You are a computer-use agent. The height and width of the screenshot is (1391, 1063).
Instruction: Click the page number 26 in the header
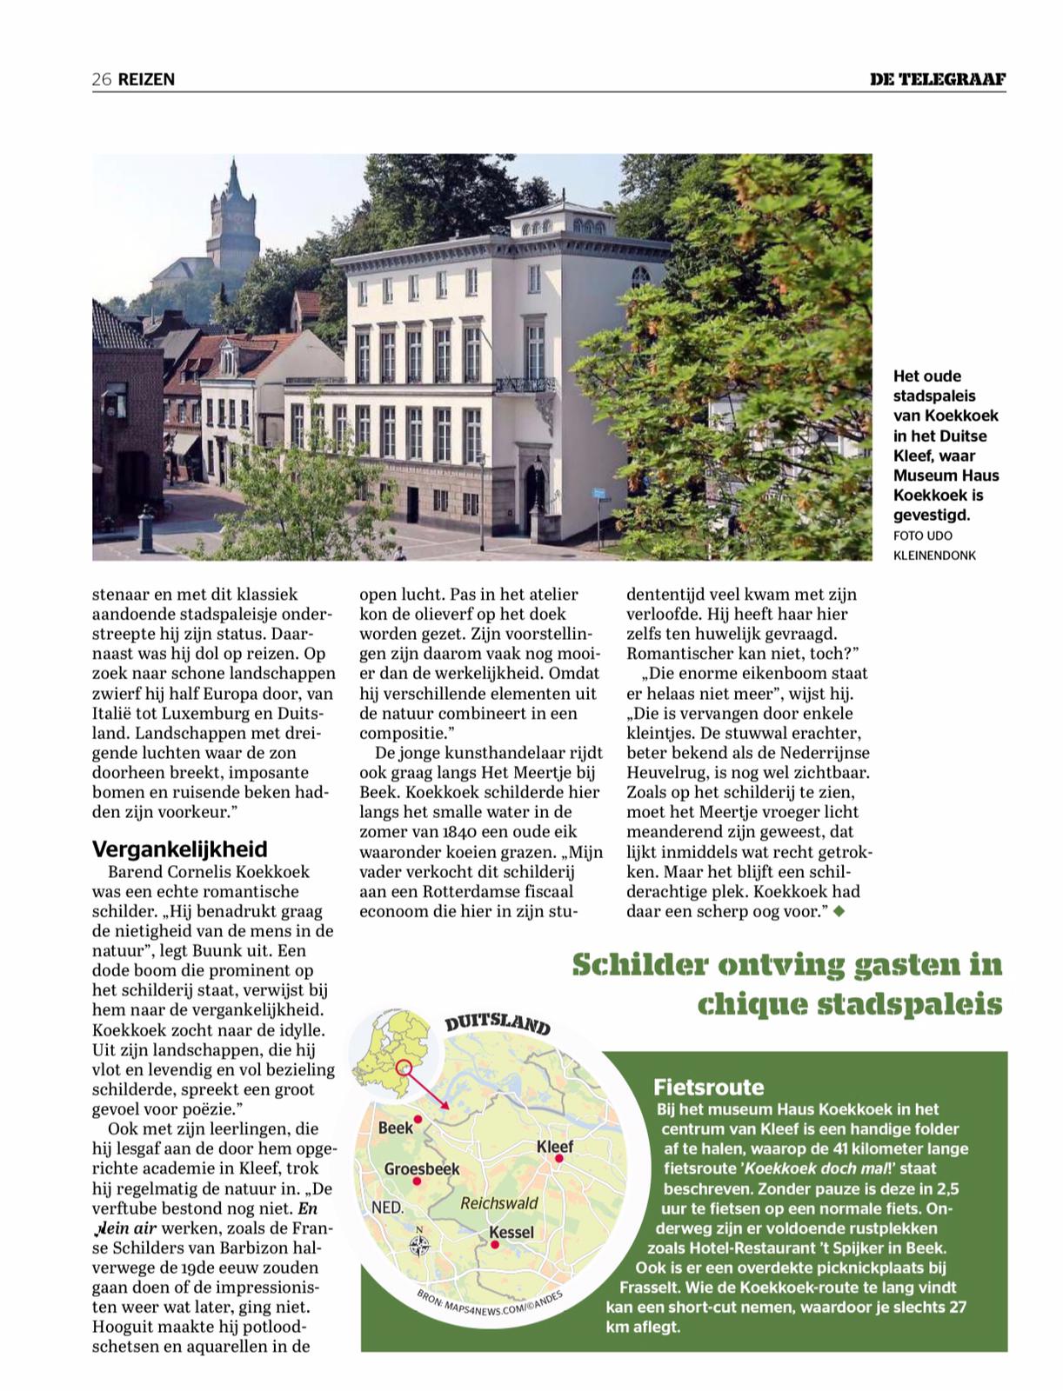click(102, 79)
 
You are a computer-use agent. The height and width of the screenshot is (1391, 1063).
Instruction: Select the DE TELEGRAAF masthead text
click(938, 79)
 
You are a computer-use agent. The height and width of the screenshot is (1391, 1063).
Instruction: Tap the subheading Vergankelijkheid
click(180, 849)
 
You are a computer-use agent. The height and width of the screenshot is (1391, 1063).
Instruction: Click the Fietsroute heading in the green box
click(708, 1087)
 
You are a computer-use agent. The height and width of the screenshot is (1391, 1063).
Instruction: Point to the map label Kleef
click(555, 1147)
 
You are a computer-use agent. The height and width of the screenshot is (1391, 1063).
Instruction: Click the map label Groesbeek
click(422, 1169)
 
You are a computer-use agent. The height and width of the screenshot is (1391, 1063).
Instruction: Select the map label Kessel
click(511, 1232)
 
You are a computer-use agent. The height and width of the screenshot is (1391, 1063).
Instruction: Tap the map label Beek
click(396, 1128)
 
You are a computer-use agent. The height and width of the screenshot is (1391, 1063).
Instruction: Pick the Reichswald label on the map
click(499, 1203)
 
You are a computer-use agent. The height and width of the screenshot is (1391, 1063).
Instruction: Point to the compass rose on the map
click(419, 1247)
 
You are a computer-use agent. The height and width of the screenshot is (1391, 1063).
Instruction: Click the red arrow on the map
click(428, 1088)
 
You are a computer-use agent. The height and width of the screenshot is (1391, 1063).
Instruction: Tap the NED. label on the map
click(387, 1208)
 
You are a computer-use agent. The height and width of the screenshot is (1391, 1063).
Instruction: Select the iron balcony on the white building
click(525, 384)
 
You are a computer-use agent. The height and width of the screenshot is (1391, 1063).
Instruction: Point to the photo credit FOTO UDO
click(922, 536)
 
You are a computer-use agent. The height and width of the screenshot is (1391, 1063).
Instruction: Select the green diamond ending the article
click(839, 911)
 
